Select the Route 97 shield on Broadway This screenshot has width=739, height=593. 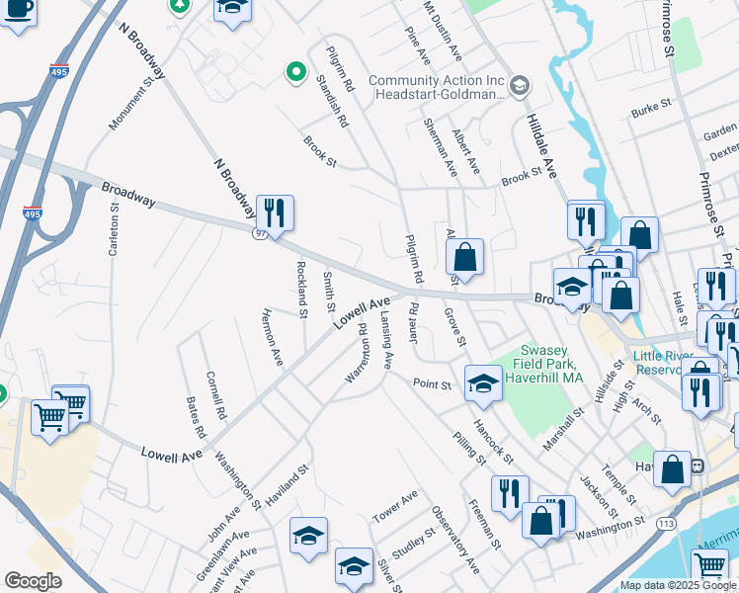click(260, 232)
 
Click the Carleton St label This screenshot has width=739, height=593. click(114, 227)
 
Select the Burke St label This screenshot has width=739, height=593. click(652, 104)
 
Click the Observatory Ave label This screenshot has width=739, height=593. click(454, 541)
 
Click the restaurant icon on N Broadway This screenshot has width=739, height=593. click(275, 212)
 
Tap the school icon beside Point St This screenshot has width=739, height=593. click(482, 383)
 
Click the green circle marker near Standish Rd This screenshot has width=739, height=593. click(294, 72)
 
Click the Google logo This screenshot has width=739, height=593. click(33, 581)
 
